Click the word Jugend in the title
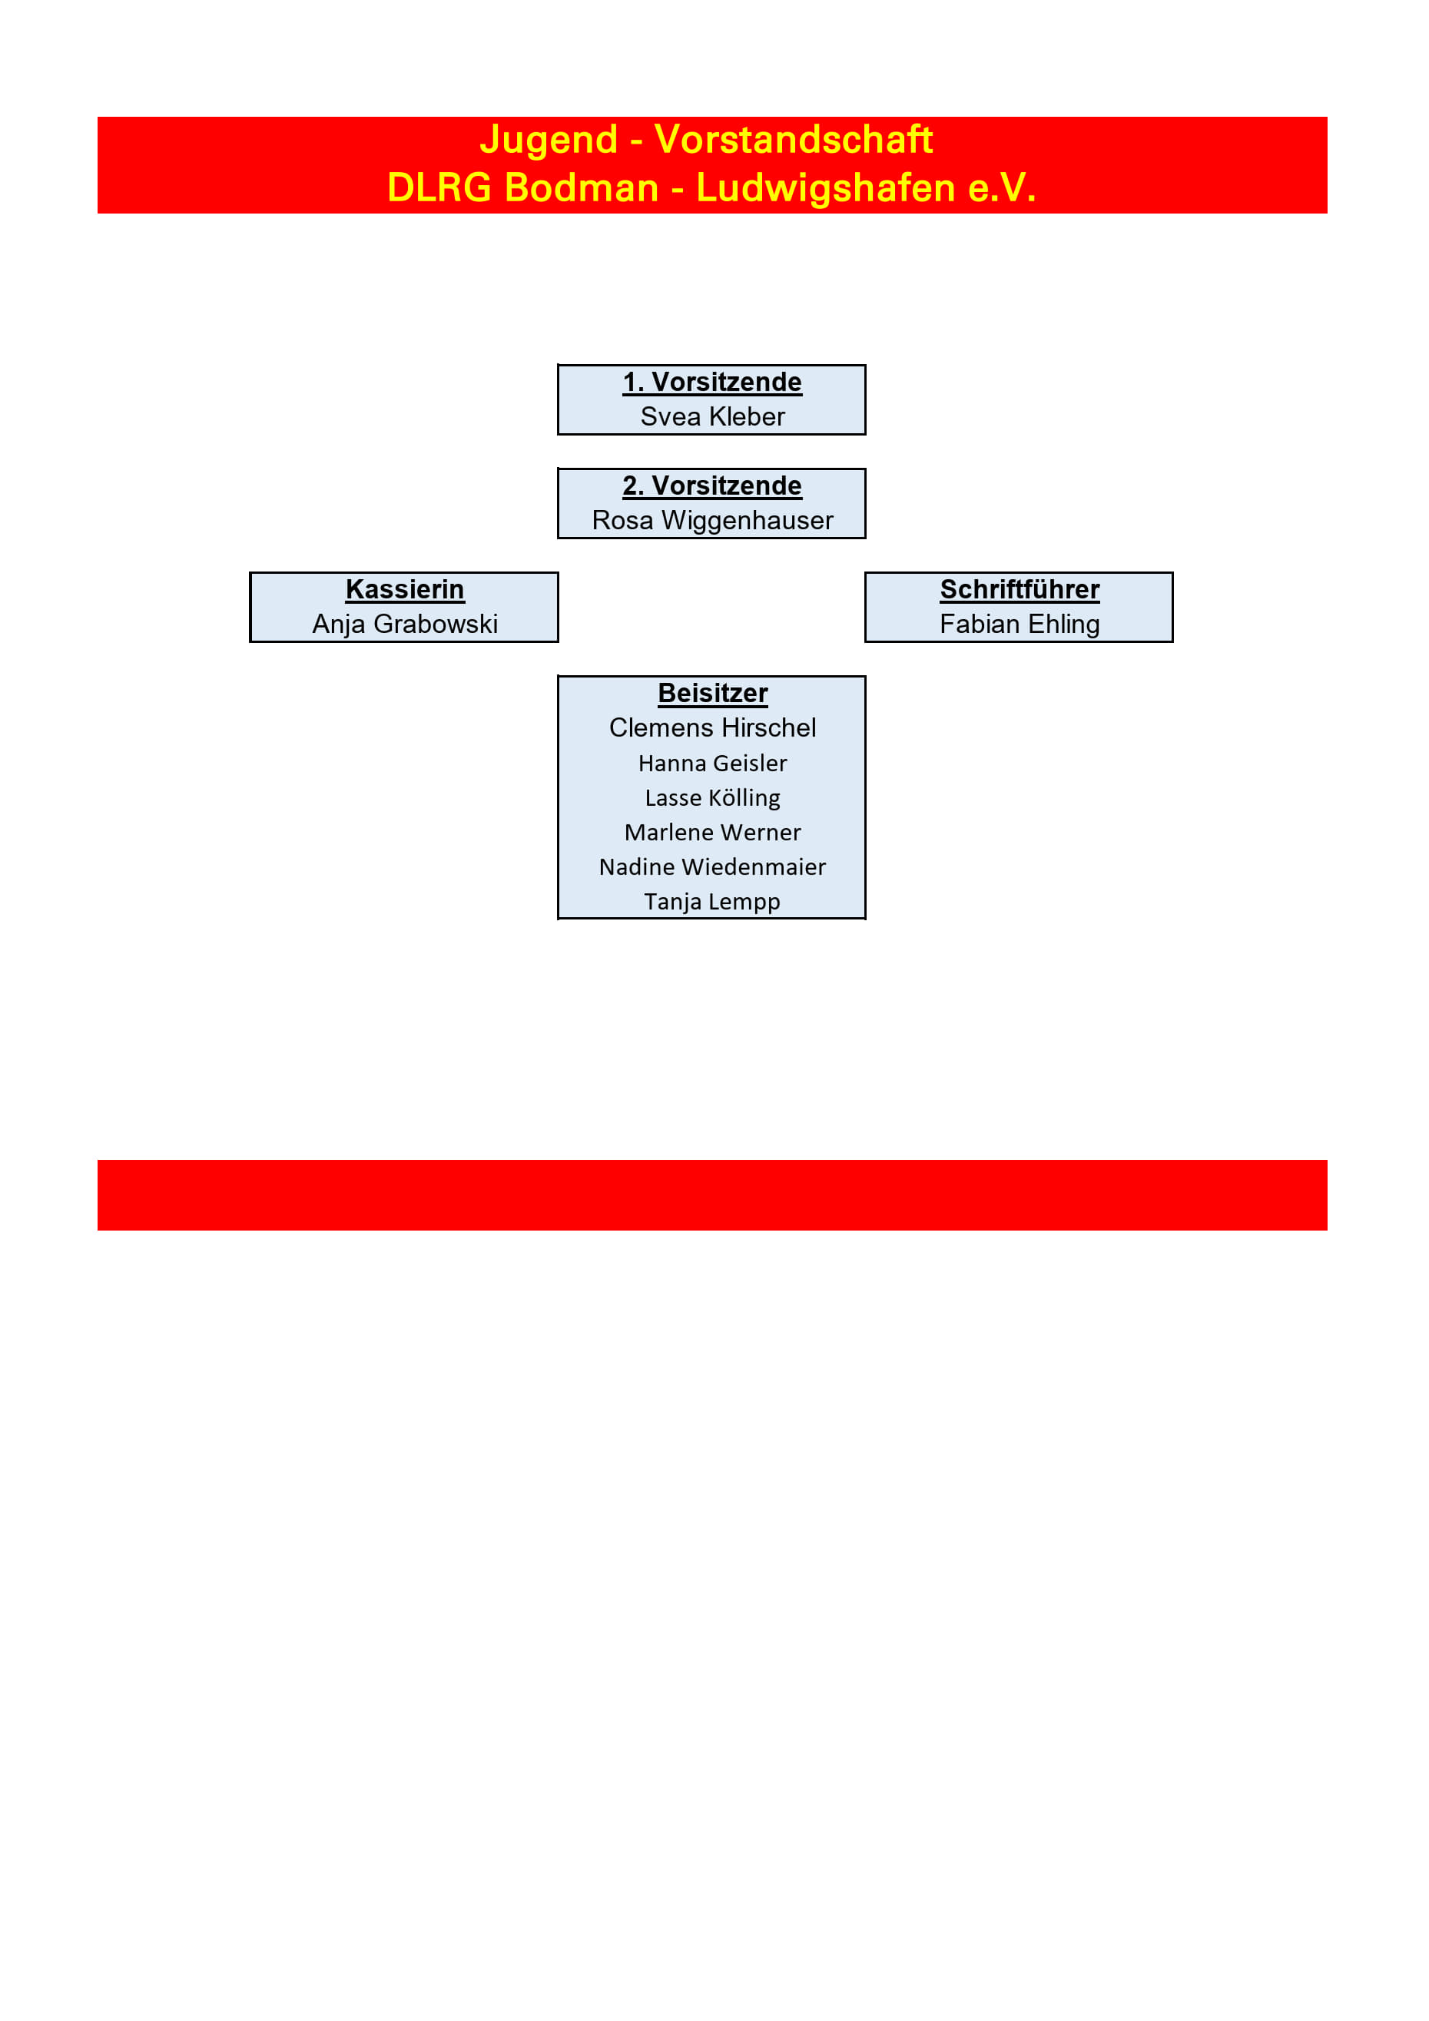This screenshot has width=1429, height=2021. tap(549, 141)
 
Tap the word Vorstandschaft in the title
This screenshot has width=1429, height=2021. tap(794, 139)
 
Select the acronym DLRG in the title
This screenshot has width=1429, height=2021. tap(439, 187)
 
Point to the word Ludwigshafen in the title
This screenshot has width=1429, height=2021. tap(826, 188)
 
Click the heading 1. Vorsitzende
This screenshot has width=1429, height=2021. tap(712, 382)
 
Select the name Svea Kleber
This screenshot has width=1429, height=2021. tap(712, 416)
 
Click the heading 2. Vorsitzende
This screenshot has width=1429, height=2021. tap(712, 486)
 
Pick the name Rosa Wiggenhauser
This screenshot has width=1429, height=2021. tap(712, 521)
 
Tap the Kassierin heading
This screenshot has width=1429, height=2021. tap(405, 590)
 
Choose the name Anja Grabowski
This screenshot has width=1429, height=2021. tap(405, 624)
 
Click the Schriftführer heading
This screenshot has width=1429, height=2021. tap(1020, 590)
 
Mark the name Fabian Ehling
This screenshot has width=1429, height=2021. tap(1020, 624)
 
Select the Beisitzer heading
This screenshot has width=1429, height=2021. tap(712, 694)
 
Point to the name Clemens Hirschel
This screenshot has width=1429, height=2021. tap(712, 728)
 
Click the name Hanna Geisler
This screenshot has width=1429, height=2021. tap(712, 764)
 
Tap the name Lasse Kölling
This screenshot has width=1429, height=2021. tap(712, 798)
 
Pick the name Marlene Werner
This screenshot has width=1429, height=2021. tap(712, 833)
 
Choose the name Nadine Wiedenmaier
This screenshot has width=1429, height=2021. tap(712, 867)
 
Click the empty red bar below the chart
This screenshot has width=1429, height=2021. tap(712, 1195)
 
